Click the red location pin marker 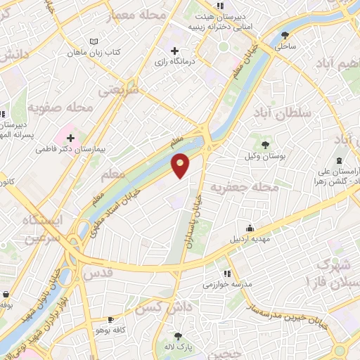point(181,165)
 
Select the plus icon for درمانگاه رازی point(174,50)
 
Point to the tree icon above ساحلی point(285,34)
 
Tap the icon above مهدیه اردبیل point(250,228)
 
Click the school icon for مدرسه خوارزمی point(226,274)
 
